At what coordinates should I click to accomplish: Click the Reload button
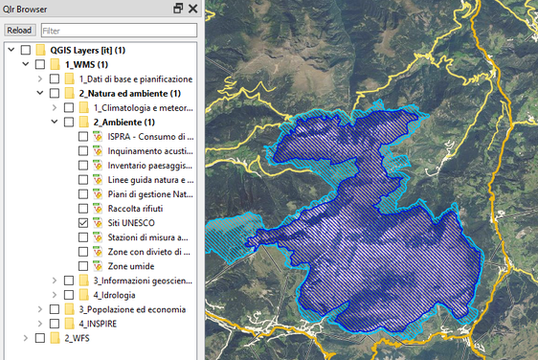pos(19,31)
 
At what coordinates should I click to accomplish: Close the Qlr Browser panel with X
pos(192,9)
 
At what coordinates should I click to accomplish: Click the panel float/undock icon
pos(178,9)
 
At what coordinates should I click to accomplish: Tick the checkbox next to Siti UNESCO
pos(83,222)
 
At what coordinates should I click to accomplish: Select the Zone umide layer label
pos(131,265)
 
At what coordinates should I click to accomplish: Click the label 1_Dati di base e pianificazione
pos(136,79)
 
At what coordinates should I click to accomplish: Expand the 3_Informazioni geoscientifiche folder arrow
pos(54,280)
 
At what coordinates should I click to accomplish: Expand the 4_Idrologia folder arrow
pos(54,294)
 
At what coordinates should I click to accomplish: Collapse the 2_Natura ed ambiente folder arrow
pos(39,93)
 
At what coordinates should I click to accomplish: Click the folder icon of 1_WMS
pos(56,64)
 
